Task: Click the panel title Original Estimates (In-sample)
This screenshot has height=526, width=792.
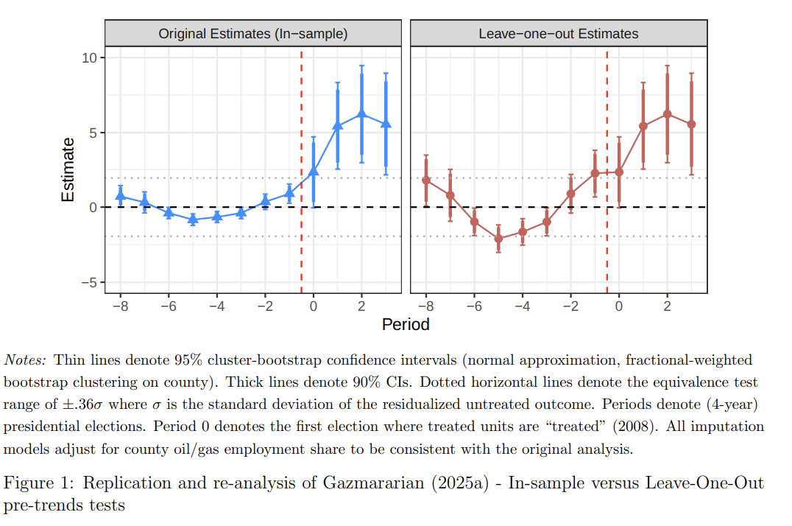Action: [x=253, y=34]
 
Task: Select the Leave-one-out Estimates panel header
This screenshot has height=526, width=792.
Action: [x=558, y=34]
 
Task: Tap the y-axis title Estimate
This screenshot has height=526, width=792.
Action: [x=68, y=169]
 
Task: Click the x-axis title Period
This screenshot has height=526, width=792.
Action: [x=406, y=324]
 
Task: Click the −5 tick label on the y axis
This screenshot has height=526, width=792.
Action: [x=89, y=283]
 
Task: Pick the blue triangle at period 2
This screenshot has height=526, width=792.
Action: [x=361, y=113]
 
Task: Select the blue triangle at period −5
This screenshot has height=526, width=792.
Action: [x=193, y=219]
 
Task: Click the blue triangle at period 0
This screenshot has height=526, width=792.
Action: [x=314, y=171]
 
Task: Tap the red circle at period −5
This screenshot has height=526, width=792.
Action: [x=498, y=239]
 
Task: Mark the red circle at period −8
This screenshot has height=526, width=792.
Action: [x=426, y=180]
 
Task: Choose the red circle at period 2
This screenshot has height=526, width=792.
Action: [x=667, y=114]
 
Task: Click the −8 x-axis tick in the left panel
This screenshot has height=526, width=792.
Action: [x=120, y=306]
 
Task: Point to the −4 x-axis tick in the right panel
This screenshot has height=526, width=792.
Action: [x=522, y=306]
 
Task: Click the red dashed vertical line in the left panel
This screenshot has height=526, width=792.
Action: [x=302, y=243]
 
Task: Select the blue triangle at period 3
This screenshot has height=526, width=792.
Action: [x=386, y=124]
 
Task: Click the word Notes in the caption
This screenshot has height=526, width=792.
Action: [x=26, y=360]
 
